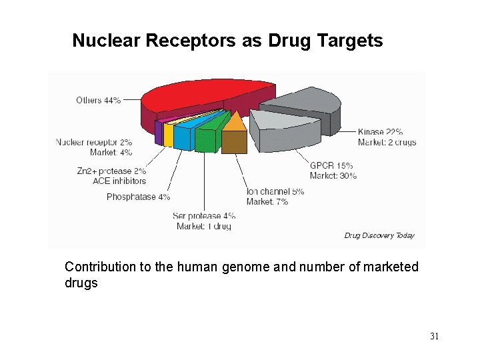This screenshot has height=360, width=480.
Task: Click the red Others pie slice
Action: pos(200,97)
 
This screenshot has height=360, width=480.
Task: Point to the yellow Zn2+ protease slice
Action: pos(169,134)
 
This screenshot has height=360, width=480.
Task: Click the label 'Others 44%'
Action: pos(98,100)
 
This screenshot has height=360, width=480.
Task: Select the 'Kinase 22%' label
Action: pos(380,132)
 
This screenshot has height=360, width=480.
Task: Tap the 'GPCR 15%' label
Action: pos(331,165)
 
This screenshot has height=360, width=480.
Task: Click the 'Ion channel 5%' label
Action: pos(275,191)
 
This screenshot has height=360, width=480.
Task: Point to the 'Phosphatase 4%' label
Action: pos(138,197)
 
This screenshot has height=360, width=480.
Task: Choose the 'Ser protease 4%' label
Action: pos(204,215)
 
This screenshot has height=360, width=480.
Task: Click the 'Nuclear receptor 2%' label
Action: pos(94,142)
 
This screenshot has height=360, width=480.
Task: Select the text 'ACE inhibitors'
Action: pos(119,181)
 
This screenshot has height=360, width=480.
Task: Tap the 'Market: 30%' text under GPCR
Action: pos(333,176)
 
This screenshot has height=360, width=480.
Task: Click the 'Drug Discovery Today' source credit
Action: pos(379,235)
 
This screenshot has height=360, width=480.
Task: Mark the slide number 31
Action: pos(434,337)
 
